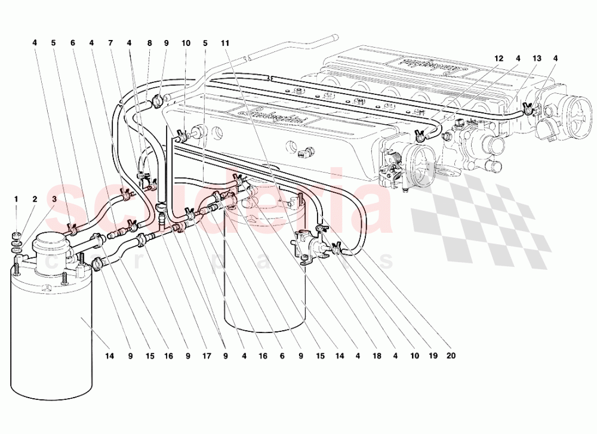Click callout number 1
click(x=17, y=199)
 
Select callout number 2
click(x=35, y=199)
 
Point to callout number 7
click(x=110, y=43)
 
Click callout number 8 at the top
click(x=149, y=43)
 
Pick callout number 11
click(x=224, y=43)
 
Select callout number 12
click(x=498, y=59)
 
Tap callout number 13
click(x=537, y=59)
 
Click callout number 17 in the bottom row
click(x=206, y=356)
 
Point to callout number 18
click(x=377, y=356)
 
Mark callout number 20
click(x=451, y=356)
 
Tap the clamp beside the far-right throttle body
click(x=527, y=109)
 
